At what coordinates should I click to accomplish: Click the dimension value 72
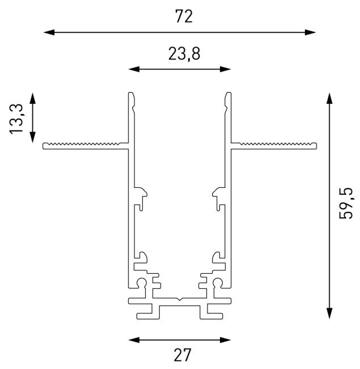click(x=184, y=16)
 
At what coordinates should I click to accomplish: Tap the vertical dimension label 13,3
click(x=17, y=118)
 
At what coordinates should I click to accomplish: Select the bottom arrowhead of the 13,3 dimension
click(x=32, y=137)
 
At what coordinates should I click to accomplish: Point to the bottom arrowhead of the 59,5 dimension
click(x=328, y=314)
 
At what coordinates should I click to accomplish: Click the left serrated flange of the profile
click(x=85, y=145)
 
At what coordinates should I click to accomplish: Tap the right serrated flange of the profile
click(x=274, y=145)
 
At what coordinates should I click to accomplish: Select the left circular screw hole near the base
click(x=142, y=283)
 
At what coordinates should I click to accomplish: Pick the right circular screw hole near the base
click(x=218, y=283)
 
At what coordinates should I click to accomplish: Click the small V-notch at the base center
click(x=180, y=297)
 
